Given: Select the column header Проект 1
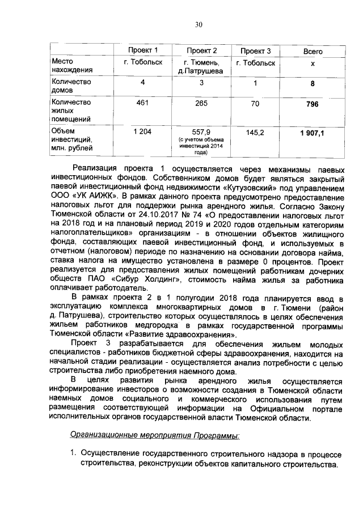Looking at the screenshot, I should pos(143,51).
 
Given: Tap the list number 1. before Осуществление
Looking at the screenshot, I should pos(73,453).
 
